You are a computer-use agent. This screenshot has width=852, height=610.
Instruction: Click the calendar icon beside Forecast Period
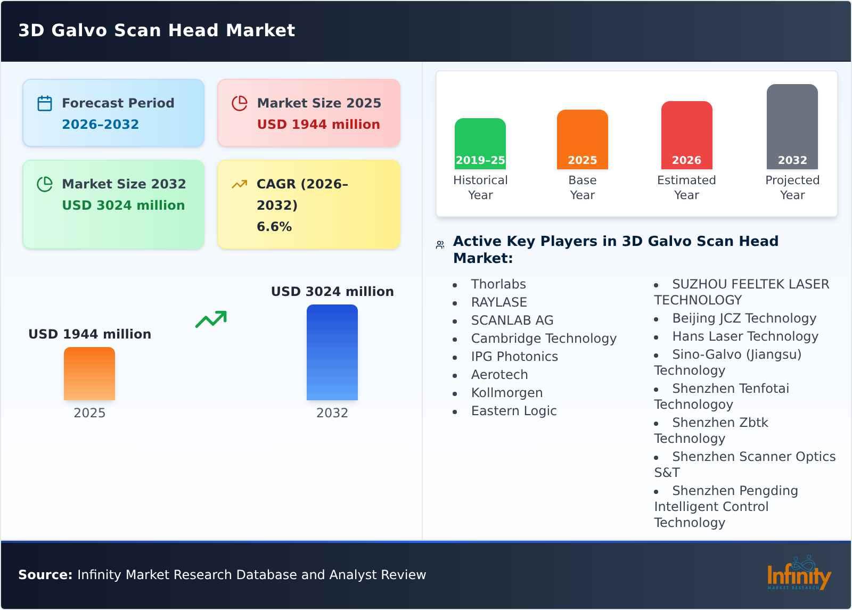tap(45, 103)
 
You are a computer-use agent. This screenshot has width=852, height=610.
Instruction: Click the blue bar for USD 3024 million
tap(332, 352)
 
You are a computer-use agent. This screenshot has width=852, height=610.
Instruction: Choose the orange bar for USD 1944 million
tap(89, 374)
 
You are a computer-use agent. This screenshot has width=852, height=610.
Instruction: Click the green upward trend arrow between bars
tap(211, 319)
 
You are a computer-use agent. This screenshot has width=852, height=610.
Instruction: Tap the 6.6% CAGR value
tap(274, 227)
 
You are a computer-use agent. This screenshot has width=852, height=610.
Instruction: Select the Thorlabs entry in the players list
tap(498, 284)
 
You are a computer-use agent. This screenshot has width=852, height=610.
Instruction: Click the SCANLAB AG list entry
tap(512, 320)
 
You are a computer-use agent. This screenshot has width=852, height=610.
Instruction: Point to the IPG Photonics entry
tap(514, 357)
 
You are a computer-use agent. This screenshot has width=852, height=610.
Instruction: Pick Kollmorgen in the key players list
tap(506, 393)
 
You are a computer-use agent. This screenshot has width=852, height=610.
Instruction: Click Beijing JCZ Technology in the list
tap(744, 318)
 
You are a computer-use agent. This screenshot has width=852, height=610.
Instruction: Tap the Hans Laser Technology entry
tap(745, 336)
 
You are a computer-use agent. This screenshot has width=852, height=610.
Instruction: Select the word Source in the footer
tap(45, 575)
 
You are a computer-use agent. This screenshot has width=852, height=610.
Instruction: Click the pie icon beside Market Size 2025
tap(240, 103)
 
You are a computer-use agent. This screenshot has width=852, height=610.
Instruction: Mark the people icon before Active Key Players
tap(440, 245)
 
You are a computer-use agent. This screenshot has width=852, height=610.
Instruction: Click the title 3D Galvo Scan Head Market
tap(157, 30)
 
